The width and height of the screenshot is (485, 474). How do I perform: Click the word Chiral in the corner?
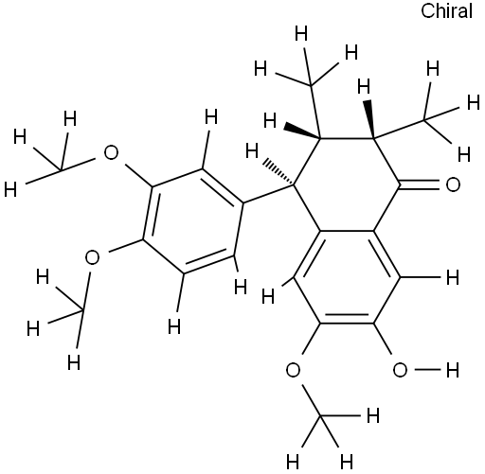pos(446,10)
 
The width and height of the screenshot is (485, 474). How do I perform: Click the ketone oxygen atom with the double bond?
pos(453,184)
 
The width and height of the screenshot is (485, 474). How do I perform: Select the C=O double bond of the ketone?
pos(420,184)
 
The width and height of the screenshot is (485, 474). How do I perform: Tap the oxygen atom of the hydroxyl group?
pos(400,370)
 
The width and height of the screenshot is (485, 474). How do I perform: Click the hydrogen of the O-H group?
pos(453,370)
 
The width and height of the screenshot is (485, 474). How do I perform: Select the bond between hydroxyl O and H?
pos(427,370)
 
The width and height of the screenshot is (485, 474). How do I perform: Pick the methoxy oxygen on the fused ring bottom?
pos(293,370)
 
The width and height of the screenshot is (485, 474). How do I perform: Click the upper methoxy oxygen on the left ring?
pos(111,152)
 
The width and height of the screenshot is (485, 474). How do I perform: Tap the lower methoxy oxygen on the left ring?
pos(92,257)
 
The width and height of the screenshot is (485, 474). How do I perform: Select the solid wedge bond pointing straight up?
pos(368,120)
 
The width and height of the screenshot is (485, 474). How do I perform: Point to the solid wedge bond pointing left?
pos(301,132)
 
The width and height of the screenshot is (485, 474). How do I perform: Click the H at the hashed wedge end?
pos(252,150)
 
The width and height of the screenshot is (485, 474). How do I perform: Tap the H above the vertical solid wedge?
pos(364,87)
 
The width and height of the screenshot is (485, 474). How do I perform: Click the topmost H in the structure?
pos(301,34)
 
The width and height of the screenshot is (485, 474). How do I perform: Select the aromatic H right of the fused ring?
pos(453,278)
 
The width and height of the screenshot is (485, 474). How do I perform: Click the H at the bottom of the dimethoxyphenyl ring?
pos(174,326)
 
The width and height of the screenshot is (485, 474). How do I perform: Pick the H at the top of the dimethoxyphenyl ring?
pos(211,116)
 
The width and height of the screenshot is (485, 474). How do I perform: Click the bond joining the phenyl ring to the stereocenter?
pos(268,194)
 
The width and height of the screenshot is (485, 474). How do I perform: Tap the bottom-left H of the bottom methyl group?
pos(292,463)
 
